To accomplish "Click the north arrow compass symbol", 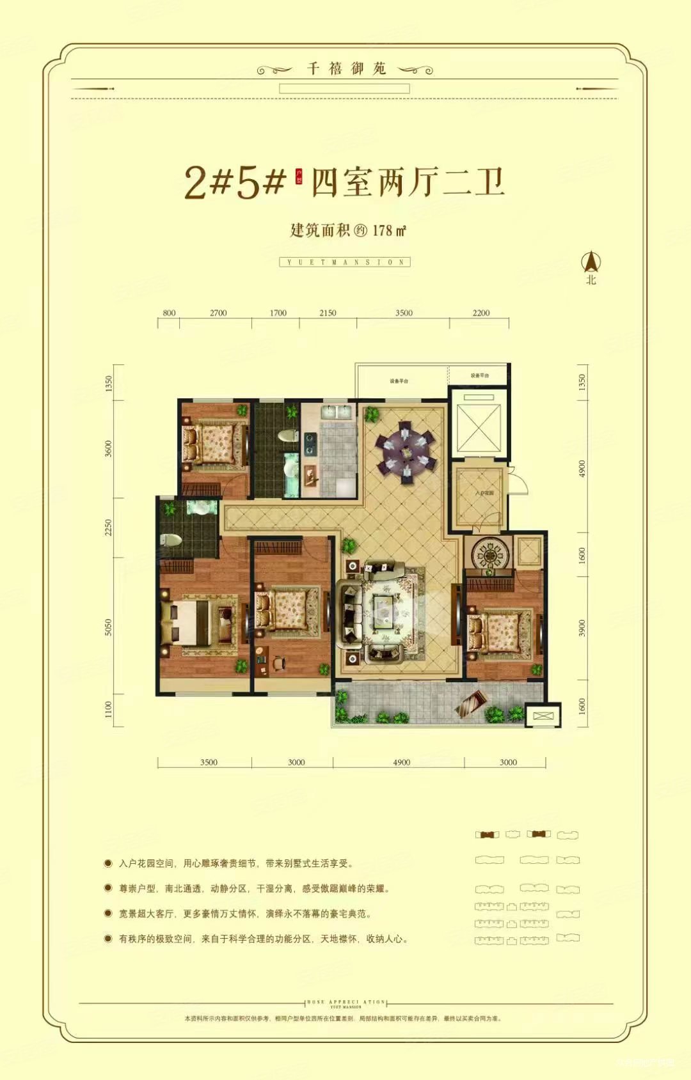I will tap(591, 262).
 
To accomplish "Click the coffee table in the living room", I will tap(384, 604).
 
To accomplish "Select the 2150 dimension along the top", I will tap(328, 313).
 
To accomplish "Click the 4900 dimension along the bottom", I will tap(401, 762).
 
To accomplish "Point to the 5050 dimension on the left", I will tap(108, 627).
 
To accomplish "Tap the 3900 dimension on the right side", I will tap(582, 628).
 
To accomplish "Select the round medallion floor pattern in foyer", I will tap(490, 554).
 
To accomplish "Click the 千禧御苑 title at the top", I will tap(347, 68).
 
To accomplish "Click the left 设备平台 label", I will tap(399, 381).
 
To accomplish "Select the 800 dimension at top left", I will tap(169, 313).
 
